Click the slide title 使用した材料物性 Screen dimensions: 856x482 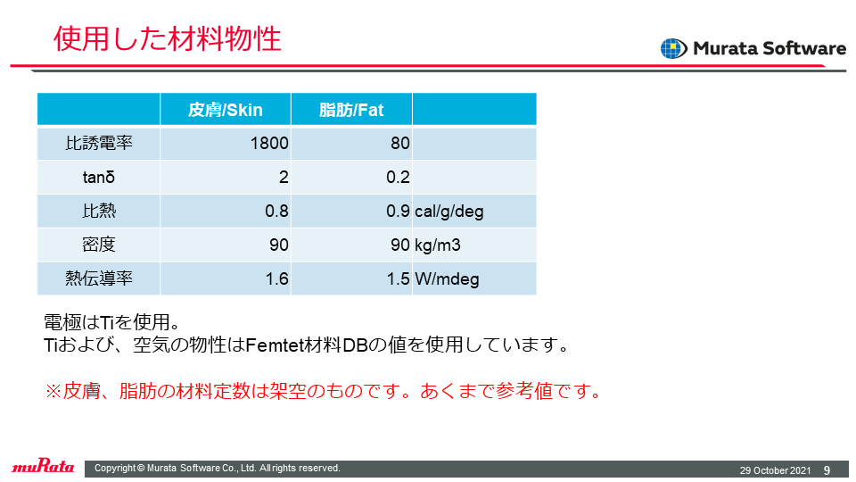point(167,38)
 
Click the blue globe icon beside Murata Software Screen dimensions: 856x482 point(674,48)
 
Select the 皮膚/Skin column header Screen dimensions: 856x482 point(225,110)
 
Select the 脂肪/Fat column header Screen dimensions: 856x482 point(351,110)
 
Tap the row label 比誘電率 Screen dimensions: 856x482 point(99,143)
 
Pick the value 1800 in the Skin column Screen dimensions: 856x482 point(269,143)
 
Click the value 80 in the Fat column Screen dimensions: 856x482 point(400,143)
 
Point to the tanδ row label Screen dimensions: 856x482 point(99,177)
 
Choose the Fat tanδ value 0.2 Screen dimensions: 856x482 point(398,177)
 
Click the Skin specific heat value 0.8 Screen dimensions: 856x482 point(276,211)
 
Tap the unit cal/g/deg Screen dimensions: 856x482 point(449,212)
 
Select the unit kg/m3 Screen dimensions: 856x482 point(437,245)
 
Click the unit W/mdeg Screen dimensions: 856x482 point(447,279)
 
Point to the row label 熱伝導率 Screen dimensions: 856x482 point(99,278)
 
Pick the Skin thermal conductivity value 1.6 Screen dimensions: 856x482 point(276,278)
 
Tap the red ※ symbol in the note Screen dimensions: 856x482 point(53,391)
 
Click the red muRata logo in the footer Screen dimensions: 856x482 point(43,466)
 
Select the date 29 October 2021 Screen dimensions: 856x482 point(775,470)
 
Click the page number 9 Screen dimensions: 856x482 point(827,470)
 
